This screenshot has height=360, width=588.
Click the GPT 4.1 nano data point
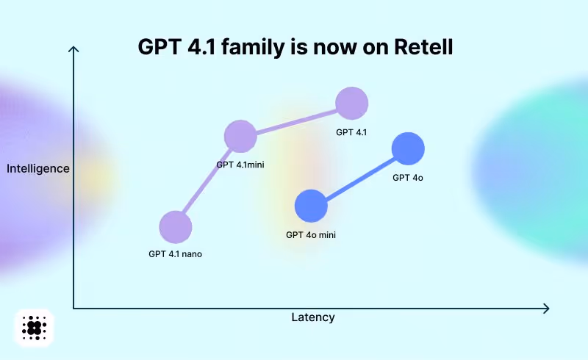[175, 226]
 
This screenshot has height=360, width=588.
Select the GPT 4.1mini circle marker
[240, 137]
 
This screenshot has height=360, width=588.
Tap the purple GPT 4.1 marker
[351, 103]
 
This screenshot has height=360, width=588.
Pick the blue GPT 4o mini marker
[311, 205]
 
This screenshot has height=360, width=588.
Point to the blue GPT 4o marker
[408, 149]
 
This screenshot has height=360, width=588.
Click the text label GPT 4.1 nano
[175, 254]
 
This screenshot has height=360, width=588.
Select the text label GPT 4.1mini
[240, 165]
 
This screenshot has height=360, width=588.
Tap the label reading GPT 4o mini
[311, 235]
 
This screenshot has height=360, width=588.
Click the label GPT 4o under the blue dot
[408, 177]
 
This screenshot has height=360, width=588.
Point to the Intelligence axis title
[38, 168]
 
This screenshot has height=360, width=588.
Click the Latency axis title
[313, 317]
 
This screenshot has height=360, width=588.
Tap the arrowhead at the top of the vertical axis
[73, 49]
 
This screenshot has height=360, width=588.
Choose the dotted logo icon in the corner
[35, 328]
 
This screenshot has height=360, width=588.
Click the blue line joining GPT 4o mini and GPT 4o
[359, 177]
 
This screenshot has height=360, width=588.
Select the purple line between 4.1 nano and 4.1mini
[207, 181]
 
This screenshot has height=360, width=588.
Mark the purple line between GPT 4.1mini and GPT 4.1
[295, 120]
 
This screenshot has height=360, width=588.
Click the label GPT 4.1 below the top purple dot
[351, 132]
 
